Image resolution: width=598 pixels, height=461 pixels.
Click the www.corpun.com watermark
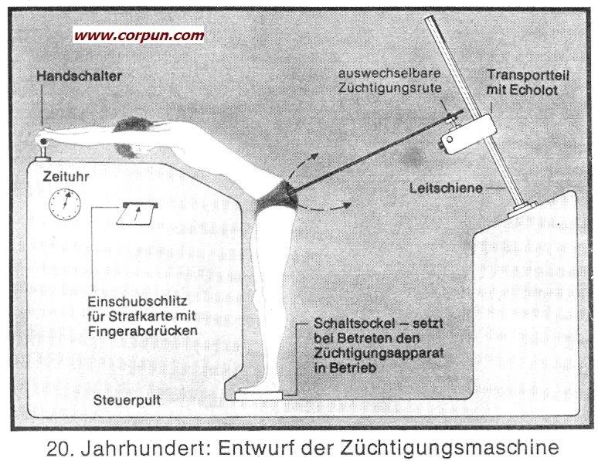pyautogui.click(x=139, y=36)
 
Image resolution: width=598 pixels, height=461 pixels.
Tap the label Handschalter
pyautogui.click(x=79, y=76)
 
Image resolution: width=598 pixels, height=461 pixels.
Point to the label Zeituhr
pyautogui.click(x=66, y=177)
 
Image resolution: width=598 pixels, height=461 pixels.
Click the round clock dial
pyautogui.click(x=65, y=205)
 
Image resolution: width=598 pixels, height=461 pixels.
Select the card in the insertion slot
pyautogui.click(x=137, y=215)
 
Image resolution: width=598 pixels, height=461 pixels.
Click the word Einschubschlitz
pyautogui.click(x=138, y=302)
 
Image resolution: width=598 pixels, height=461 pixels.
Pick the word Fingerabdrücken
pyautogui.click(x=142, y=330)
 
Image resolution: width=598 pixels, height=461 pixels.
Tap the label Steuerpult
pyautogui.click(x=127, y=400)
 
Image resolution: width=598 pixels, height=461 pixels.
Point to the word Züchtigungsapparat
pyautogui.click(x=379, y=353)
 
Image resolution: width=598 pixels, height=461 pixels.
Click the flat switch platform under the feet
pyautogui.click(x=259, y=396)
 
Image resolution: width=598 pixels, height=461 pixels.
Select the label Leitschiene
pyautogui.click(x=446, y=188)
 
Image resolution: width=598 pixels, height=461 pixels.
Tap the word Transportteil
pyautogui.click(x=528, y=75)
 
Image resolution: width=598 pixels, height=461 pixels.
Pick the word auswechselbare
pyautogui.click(x=389, y=73)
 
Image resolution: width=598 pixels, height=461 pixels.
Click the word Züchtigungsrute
pyautogui.click(x=389, y=88)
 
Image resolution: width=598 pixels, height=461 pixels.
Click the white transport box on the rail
pyautogui.click(x=468, y=133)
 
